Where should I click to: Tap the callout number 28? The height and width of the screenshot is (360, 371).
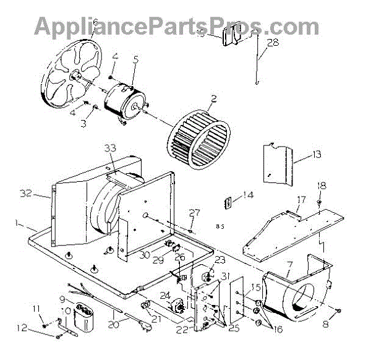tap(273, 43)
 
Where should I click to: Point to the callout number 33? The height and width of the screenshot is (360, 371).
tap(110, 148)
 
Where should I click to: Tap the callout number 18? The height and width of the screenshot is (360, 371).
tap(322, 185)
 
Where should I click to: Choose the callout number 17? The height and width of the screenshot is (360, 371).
tap(301, 199)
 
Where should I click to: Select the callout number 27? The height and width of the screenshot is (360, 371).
tap(195, 214)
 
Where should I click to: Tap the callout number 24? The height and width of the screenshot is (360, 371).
tap(164, 295)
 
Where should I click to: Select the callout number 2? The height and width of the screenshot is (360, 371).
tap(213, 97)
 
